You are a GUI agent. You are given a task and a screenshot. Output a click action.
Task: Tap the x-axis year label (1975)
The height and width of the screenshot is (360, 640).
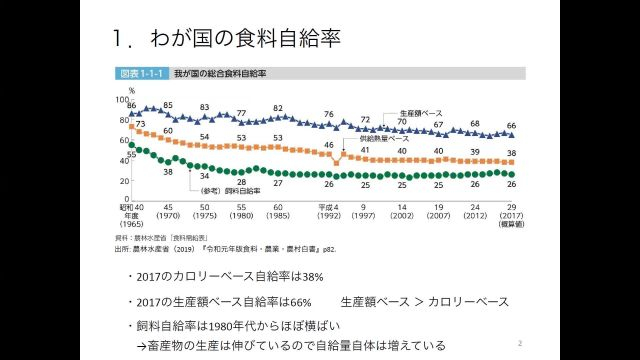(204, 216)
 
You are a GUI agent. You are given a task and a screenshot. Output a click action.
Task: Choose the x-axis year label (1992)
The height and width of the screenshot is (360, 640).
(329, 216)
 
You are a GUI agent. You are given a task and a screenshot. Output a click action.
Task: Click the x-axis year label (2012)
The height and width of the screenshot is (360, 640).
(474, 216)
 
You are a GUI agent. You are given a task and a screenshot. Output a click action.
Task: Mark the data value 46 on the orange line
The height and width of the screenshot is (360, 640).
(328, 145)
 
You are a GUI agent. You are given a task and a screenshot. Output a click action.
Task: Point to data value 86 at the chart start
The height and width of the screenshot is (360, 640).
(132, 104)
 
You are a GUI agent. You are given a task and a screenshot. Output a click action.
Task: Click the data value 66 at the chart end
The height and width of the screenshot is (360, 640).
(511, 126)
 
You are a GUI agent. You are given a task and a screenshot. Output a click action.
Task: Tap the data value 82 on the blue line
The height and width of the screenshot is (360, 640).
(278, 108)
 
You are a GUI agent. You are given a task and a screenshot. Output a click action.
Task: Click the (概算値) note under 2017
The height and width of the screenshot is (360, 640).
(511, 225)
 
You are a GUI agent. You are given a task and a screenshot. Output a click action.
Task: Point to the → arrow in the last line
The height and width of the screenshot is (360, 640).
(142, 345)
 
